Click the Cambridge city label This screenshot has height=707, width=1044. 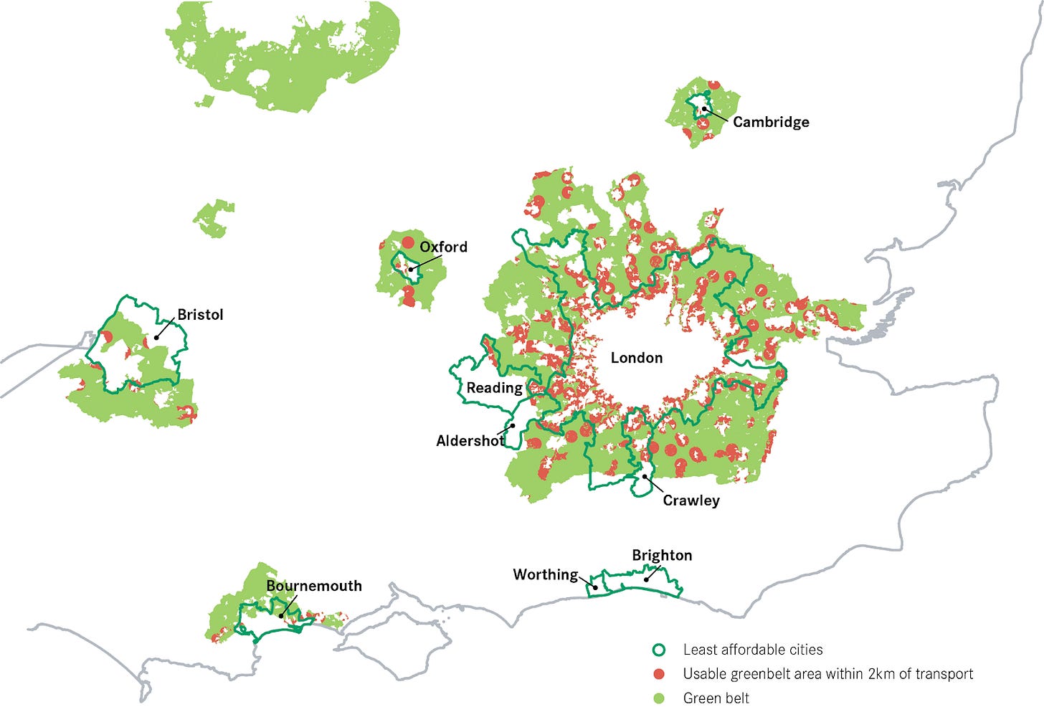(771, 122)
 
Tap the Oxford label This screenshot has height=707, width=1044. (443, 247)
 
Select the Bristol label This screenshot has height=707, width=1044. (200, 315)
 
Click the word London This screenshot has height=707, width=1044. (636, 358)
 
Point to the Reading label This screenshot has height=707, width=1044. (494, 388)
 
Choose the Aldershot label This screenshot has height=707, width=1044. (470, 441)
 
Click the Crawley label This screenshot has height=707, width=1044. (691, 500)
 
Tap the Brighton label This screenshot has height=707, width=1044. (662, 555)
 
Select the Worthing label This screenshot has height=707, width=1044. (545, 574)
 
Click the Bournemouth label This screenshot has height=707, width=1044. (314, 586)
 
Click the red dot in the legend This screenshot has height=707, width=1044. (658, 674)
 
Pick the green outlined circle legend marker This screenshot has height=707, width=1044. (658, 650)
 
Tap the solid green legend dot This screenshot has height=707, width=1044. (658, 698)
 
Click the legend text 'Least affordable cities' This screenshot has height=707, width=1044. (752, 650)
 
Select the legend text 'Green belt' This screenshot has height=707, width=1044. (716, 698)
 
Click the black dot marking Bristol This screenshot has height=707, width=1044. (156, 337)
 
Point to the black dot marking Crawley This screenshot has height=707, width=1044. (645, 476)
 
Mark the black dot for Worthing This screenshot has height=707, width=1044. (595, 587)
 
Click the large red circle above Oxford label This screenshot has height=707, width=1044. (408, 242)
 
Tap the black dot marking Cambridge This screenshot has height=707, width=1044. (704, 109)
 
